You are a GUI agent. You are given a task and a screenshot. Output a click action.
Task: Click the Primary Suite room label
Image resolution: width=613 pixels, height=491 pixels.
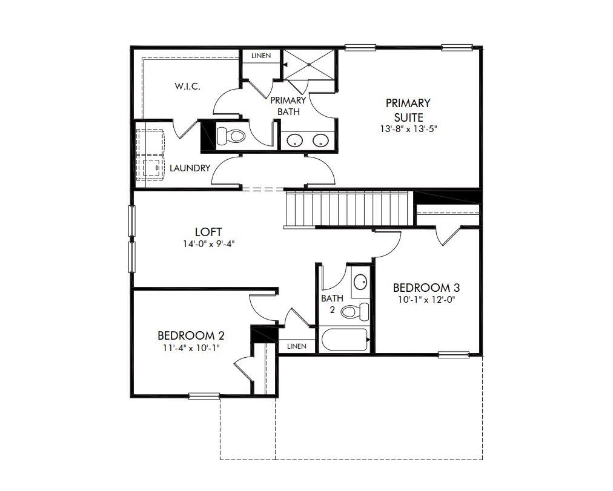(408, 110)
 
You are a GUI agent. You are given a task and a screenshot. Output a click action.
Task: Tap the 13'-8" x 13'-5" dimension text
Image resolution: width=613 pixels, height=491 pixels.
(408, 128)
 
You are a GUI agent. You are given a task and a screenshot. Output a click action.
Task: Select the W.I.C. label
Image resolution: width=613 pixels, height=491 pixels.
(188, 86)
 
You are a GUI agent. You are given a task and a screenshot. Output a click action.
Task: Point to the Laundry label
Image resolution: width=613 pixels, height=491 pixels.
(190, 168)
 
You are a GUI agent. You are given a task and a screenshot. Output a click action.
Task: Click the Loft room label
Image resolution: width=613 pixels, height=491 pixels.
(208, 232)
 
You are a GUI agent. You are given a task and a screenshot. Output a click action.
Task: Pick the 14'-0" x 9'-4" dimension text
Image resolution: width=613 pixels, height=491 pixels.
(208, 245)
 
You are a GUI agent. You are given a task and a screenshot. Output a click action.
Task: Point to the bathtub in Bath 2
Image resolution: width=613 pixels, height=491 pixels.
(345, 340)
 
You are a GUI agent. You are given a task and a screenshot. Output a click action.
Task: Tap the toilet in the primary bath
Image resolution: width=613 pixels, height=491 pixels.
(230, 136)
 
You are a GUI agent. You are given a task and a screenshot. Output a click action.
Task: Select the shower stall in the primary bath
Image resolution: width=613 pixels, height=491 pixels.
(310, 64)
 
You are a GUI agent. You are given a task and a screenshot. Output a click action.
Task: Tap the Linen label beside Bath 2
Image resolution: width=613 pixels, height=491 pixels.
(297, 346)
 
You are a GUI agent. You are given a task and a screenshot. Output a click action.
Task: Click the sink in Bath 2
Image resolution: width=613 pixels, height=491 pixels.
(360, 282)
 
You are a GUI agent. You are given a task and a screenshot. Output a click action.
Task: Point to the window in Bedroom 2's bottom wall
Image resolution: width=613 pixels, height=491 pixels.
(204, 396)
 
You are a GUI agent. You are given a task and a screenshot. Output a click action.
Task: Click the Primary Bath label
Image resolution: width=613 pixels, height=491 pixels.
(288, 106)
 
